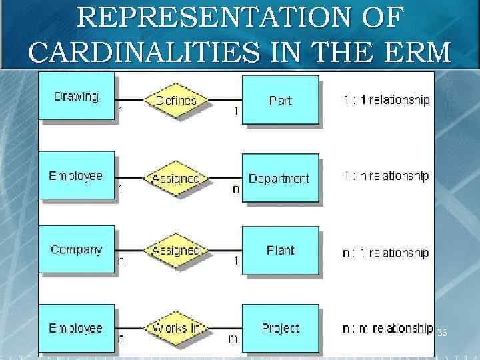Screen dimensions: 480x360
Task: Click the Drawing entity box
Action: [x=77, y=97]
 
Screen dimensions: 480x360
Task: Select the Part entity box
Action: [x=280, y=101]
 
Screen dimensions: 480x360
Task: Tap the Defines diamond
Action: [x=176, y=101]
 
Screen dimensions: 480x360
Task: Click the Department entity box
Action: [x=279, y=179]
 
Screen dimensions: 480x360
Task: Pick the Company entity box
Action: [x=77, y=250]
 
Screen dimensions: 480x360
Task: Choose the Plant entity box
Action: [x=280, y=251]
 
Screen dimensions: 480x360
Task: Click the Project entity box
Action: [x=280, y=329]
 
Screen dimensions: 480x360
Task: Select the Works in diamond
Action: [x=176, y=327]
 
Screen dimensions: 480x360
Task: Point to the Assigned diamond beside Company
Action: [x=176, y=251]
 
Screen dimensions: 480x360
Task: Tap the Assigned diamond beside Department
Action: [x=176, y=179]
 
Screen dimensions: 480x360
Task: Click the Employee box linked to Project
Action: [x=77, y=328]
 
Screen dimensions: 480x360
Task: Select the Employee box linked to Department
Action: [x=77, y=176]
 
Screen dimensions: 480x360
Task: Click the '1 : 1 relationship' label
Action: [x=387, y=100]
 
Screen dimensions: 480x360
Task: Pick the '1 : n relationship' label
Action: [x=387, y=176]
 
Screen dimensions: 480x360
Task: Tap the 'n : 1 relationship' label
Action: [x=387, y=253]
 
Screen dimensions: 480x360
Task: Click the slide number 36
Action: [x=442, y=332]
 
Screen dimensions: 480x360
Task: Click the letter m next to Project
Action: [x=233, y=339]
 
